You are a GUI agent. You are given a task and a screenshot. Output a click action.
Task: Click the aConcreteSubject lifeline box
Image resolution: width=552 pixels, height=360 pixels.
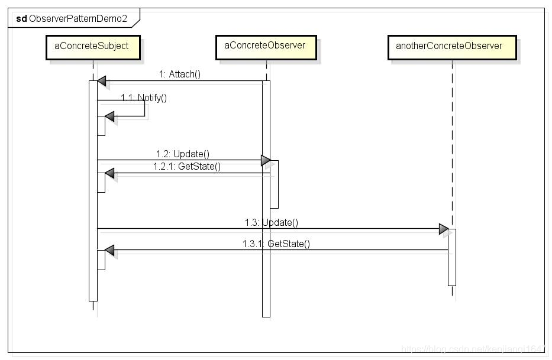[x=93, y=47]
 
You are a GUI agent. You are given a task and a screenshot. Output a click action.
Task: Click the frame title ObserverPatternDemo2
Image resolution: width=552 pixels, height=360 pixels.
[x=78, y=18]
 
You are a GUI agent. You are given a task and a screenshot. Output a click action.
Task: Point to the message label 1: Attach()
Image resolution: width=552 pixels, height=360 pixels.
[x=180, y=74]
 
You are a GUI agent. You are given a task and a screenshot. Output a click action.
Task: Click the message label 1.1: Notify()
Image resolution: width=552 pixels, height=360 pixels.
[x=144, y=98]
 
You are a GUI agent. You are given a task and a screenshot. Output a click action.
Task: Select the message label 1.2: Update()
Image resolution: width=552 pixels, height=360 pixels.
[x=183, y=154]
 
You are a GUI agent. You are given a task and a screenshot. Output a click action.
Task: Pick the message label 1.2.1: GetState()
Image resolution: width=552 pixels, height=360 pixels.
[x=187, y=166]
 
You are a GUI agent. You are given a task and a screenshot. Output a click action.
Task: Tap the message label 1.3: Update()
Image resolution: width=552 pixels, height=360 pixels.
[x=271, y=222]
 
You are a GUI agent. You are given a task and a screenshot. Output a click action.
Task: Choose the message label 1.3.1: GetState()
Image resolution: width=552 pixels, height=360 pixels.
[x=276, y=243]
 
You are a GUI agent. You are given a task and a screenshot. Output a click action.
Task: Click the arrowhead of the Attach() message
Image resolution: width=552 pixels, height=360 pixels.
[x=102, y=81]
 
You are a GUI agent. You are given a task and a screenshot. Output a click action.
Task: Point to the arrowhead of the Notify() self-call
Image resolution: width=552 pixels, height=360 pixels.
[x=109, y=116]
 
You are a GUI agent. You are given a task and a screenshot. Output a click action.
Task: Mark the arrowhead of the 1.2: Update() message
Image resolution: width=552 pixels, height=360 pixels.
[x=266, y=160]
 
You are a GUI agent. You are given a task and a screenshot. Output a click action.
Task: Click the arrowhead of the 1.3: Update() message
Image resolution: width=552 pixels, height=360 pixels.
[x=444, y=229]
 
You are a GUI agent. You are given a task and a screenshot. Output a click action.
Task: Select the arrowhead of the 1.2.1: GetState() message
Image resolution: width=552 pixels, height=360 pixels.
[x=109, y=173]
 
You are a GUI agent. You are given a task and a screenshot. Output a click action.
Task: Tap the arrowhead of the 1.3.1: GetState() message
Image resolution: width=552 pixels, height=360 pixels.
[x=109, y=251]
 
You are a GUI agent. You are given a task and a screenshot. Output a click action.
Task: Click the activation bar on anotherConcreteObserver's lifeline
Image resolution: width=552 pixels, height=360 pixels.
[x=452, y=257]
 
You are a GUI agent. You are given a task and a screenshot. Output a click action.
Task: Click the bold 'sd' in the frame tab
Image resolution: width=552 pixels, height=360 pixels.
[x=21, y=18]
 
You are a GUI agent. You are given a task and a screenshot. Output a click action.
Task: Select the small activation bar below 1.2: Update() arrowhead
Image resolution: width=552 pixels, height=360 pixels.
[x=275, y=184]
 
